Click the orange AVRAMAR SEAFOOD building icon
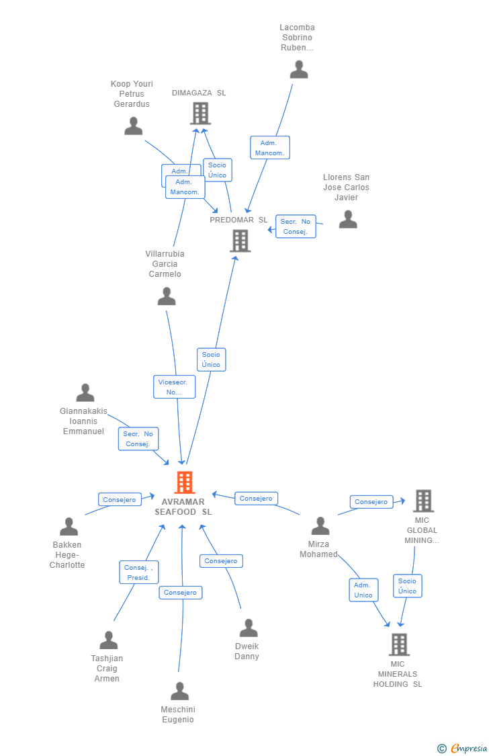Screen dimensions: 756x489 click(184, 482)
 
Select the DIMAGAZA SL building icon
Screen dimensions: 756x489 click(200, 114)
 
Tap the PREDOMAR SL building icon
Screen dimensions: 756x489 click(240, 241)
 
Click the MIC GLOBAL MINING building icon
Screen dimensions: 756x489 click(423, 501)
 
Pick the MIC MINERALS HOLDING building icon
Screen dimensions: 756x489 click(399, 644)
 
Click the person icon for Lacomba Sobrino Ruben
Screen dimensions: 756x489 click(298, 69)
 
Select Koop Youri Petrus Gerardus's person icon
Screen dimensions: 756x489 click(134, 126)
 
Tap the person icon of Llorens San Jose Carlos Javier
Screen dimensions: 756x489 click(348, 219)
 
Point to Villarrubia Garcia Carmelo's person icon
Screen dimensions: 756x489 click(167, 296)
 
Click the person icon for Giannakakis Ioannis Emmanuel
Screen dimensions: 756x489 click(85, 392)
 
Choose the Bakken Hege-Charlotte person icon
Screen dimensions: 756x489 click(69, 527)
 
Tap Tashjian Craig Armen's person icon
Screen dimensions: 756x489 click(108, 640)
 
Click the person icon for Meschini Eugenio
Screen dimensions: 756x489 click(179, 691)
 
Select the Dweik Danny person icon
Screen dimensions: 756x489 click(249, 628)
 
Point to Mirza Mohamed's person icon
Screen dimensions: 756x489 click(320, 526)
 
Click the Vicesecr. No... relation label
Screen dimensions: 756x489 click(174, 386)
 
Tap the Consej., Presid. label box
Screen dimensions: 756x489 click(139, 573)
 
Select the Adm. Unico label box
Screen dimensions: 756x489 click(363, 590)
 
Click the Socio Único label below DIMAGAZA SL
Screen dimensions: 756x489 click(217, 170)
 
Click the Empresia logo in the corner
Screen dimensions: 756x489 click(463, 748)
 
